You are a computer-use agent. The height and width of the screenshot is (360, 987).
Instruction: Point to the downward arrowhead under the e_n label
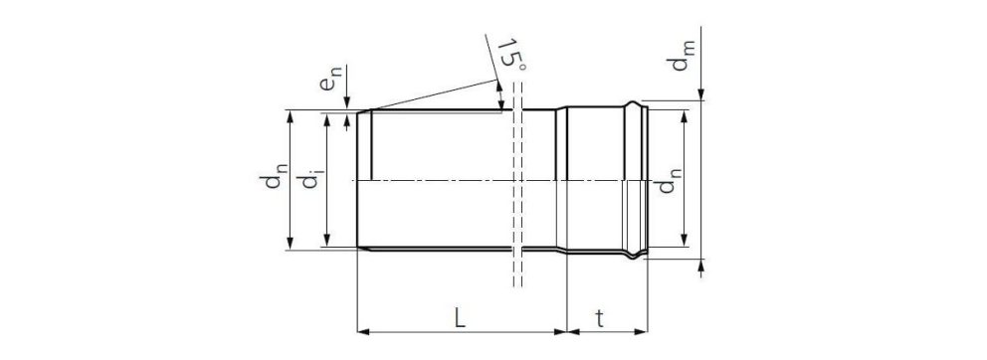click(346, 104)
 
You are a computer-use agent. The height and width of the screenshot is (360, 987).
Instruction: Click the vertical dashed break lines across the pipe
click(515, 189)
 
